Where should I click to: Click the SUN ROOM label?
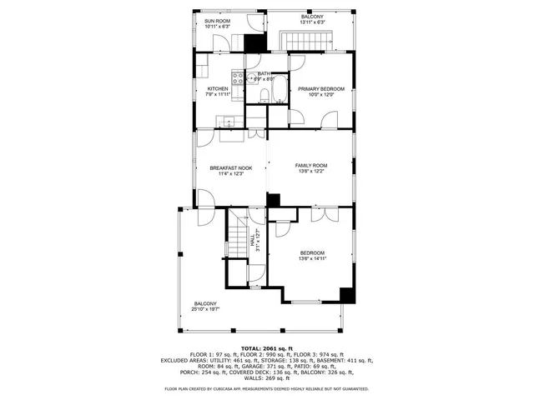217,21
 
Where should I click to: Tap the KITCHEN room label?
218,88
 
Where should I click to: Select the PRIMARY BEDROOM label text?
320,88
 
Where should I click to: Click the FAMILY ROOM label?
311,166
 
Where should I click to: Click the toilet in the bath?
264,97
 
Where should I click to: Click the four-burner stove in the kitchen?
235,80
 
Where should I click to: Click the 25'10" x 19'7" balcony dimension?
205,309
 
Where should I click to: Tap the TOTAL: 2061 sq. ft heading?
268,347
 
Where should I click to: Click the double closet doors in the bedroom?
318,214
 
